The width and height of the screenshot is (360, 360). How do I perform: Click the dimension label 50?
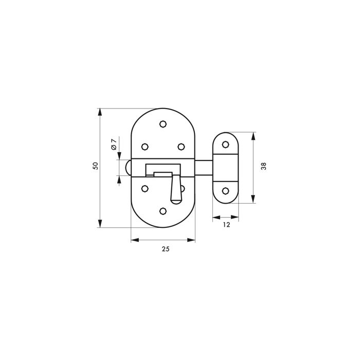click(95, 166)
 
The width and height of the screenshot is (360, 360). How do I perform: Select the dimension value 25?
click(165, 249)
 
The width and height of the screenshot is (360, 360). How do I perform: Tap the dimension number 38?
click(263, 166)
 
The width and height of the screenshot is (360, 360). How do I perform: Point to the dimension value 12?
click(226, 225)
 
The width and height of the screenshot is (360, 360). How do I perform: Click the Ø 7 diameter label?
click(114, 145)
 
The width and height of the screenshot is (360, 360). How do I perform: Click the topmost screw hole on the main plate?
click(163, 123)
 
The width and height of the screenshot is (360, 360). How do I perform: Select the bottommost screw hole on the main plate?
click(163, 211)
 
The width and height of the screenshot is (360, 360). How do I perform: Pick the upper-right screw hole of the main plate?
click(181, 147)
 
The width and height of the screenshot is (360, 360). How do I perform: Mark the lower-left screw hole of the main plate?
click(145, 188)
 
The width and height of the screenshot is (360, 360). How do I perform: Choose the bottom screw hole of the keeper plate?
click(225, 191)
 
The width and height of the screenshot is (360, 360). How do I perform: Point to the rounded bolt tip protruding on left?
click(128, 167)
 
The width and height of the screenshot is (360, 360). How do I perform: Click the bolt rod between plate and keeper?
click(204, 167)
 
